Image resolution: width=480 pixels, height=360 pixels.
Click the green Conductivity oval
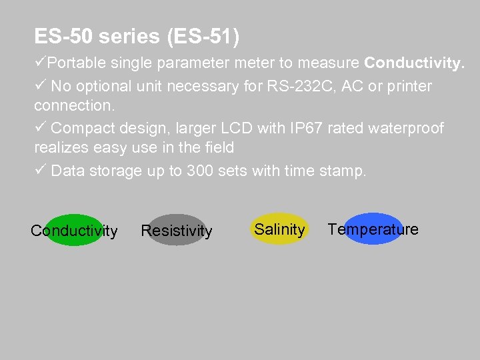(x=73, y=230)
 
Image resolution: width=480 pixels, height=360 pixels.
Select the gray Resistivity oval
(x=177, y=230)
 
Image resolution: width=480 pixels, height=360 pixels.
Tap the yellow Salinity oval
(x=279, y=229)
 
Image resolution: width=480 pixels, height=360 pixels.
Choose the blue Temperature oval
(x=373, y=229)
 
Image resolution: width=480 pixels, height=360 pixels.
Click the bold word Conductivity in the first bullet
(x=413, y=63)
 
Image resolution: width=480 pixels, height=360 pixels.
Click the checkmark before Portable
(x=40, y=63)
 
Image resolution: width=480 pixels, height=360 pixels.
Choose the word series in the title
(x=129, y=36)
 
